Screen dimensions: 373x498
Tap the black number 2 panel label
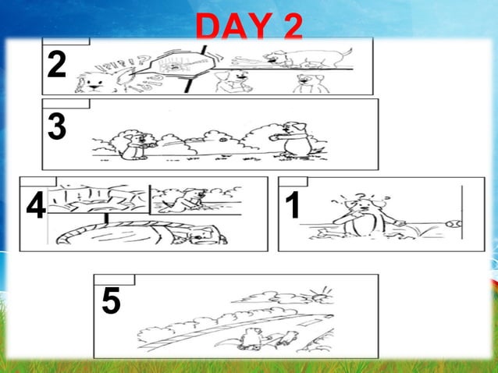pyautogui.click(x=55, y=66)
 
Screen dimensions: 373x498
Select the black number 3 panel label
pyautogui.click(x=55, y=127)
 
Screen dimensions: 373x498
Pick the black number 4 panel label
pyautogui.click(x=35, y=208)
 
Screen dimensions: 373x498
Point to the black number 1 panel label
pyautogui.click(x=293, y=206)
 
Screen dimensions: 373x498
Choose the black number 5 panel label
pyautogui.click(x=111, y=302)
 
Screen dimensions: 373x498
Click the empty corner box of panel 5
pyautogui.click(x=114, y=279)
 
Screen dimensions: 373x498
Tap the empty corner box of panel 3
pyautogui.click(x=66, y=103)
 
